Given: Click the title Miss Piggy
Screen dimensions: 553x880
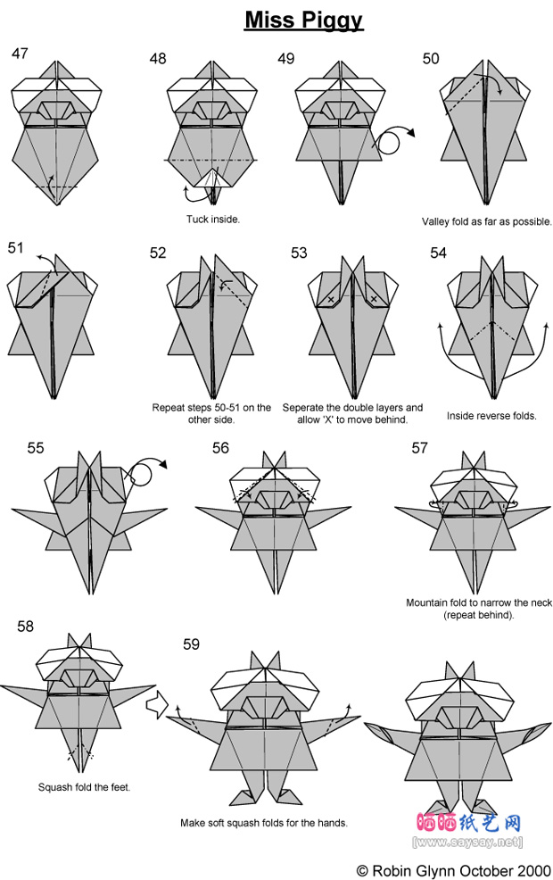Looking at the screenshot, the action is (x=304, y=21).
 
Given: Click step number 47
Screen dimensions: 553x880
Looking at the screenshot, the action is (x=20, y=54).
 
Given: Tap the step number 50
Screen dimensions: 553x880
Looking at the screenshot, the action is (x=431, y=58).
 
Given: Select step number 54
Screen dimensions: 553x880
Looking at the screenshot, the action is (x=438, y=253).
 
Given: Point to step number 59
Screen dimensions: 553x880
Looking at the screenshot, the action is (x=191, y=643).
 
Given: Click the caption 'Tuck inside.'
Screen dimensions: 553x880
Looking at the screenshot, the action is (x=213, y=220).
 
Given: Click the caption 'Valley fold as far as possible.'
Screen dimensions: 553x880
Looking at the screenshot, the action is (x=487, y=221).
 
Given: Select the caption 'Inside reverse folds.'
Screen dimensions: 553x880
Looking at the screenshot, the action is (x=491, y=416).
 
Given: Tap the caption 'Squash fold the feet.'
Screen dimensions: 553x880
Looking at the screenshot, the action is (x=84, y=787).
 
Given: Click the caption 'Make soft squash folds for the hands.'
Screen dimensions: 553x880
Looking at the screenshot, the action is (x=264, y=823).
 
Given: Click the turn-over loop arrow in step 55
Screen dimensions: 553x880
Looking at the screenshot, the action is (x=145, y=473).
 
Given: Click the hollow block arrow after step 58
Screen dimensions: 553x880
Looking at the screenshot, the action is (x=158, y=705).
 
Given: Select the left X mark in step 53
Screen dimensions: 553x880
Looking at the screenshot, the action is (x=331, y=300).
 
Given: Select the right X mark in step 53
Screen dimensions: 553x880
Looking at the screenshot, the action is (x=374, y=300).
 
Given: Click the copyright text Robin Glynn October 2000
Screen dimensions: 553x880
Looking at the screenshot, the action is (x=453, y=870).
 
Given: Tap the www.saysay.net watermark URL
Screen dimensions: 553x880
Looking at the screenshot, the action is (x=467, y=843).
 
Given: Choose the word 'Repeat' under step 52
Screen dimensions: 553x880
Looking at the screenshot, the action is (x=168, y=408).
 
